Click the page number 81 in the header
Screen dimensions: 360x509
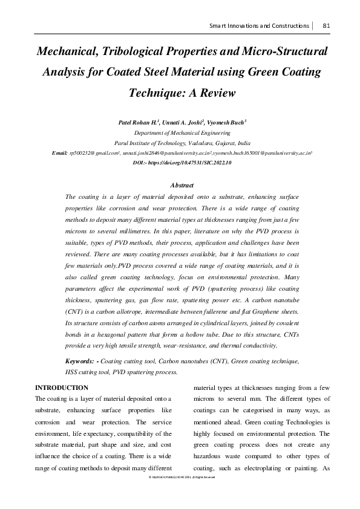(326, 26)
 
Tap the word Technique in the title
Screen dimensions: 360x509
(159, 94)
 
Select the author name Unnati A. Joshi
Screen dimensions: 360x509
(179, 122)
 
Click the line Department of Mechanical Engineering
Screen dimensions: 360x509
(180, 133)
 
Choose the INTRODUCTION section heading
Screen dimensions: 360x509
(62, 387)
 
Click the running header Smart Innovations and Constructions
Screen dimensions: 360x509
(259, 26)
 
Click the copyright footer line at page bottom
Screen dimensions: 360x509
(180, 478)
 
